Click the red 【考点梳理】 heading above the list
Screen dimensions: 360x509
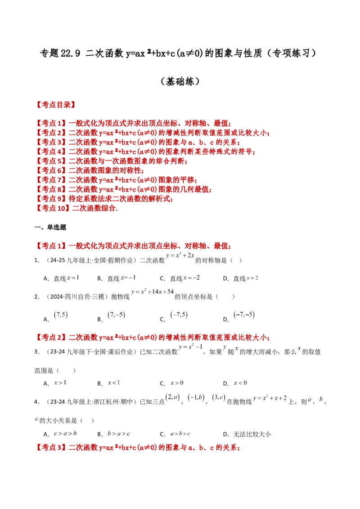coord(55,106)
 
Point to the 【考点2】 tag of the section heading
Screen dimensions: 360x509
coord(51,337)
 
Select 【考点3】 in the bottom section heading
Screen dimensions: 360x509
coord(51,448)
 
